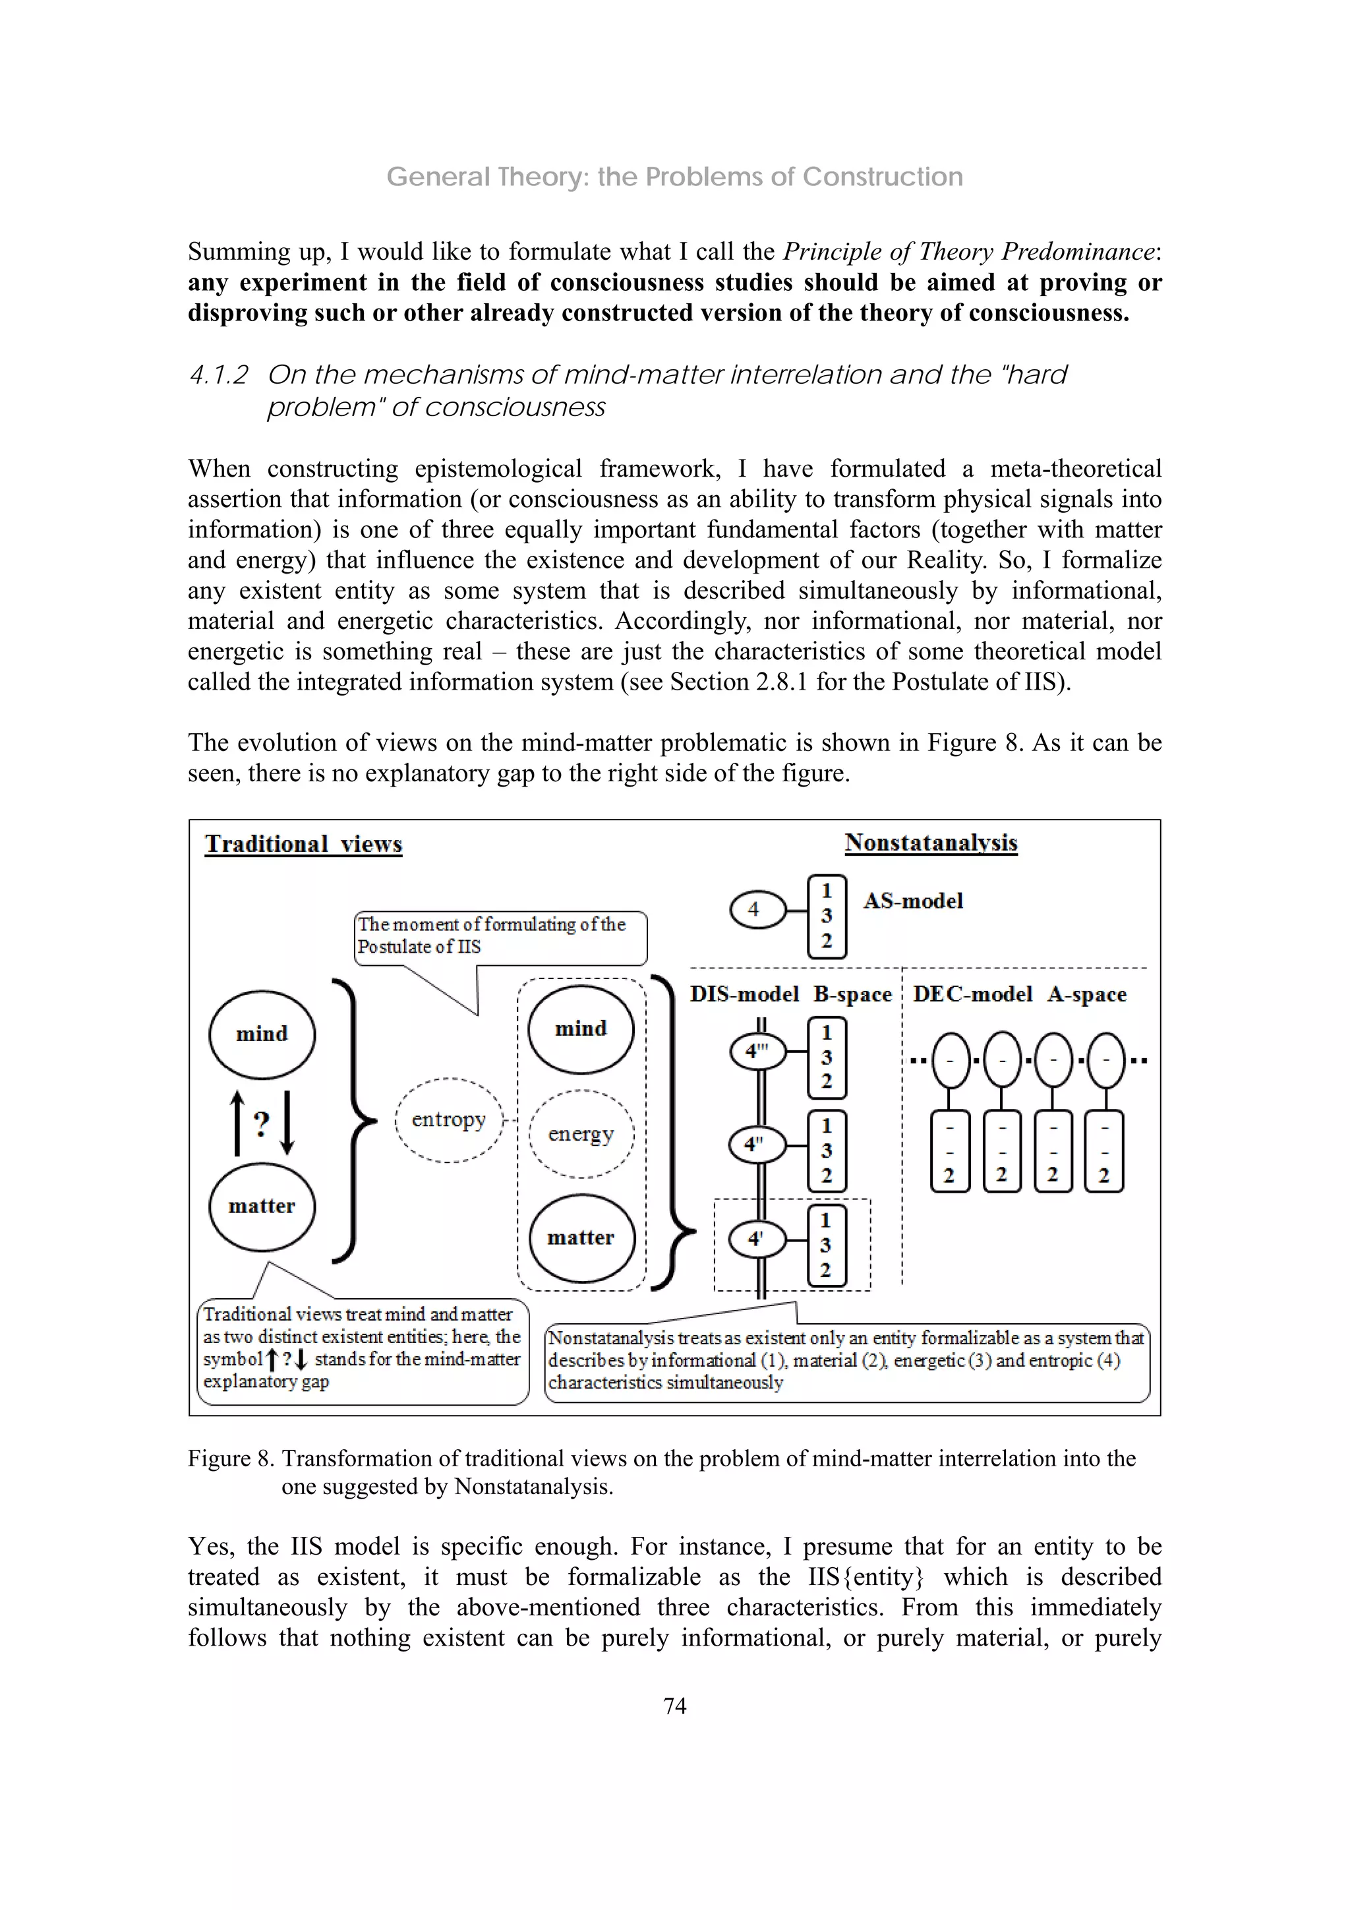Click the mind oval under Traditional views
click(262, 1034)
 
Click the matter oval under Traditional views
click(262, 1207)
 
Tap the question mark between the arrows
click(261, 1124)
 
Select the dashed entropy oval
click(448, 1119)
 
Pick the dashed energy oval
click(581, 1134)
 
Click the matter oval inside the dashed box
click(581, 1238)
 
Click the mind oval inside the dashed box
click(581, 1029)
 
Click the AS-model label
click(912, 901)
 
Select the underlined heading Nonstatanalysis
click(931, 842)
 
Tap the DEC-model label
click(972, 994)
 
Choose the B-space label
click(852, 994)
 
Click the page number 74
click(674, 1706)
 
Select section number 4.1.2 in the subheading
click(219, 375)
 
